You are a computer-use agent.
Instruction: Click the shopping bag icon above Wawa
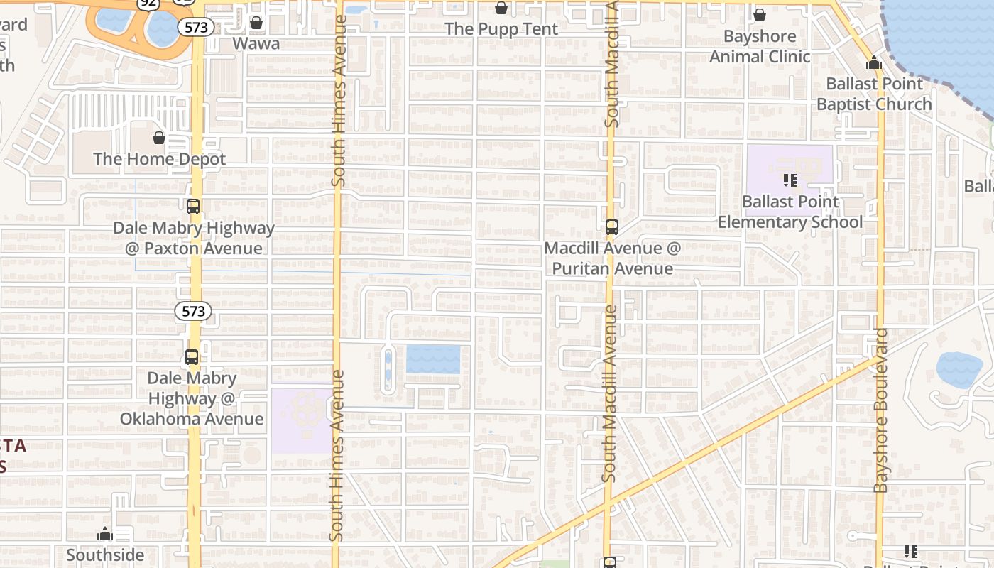tap(256, 23)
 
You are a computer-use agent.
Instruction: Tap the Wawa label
tap(256, 44)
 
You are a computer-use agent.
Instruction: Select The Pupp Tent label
tap(501, 29)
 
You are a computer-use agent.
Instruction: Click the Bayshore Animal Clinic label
tap(760, 46)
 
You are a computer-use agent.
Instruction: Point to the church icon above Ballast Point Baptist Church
tap(874, 63)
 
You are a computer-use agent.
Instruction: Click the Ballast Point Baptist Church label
tap(874, 94)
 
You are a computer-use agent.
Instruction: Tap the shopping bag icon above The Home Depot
tap(159, 138)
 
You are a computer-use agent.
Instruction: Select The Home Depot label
tap(159, 159)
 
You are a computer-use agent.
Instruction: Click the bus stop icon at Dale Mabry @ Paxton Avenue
tap(193, 207)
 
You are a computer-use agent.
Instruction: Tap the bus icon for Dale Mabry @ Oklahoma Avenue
tap(192, 357)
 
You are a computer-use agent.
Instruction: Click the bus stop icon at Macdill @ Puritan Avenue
tap(612, 227)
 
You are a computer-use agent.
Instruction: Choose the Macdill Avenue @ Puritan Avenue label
tap(612, 258)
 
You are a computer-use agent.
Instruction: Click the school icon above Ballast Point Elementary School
tap(790, 180)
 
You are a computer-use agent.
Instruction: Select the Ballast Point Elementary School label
tap(790, 212)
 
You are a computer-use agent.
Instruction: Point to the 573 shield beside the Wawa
tap(196, 27)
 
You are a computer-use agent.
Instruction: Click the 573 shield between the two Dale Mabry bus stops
tap(193, 311)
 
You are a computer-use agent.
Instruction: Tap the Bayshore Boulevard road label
tap(881, 410)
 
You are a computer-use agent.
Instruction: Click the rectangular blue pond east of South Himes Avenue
tap(433, 359)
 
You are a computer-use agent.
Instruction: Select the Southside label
tap(105, 555)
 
